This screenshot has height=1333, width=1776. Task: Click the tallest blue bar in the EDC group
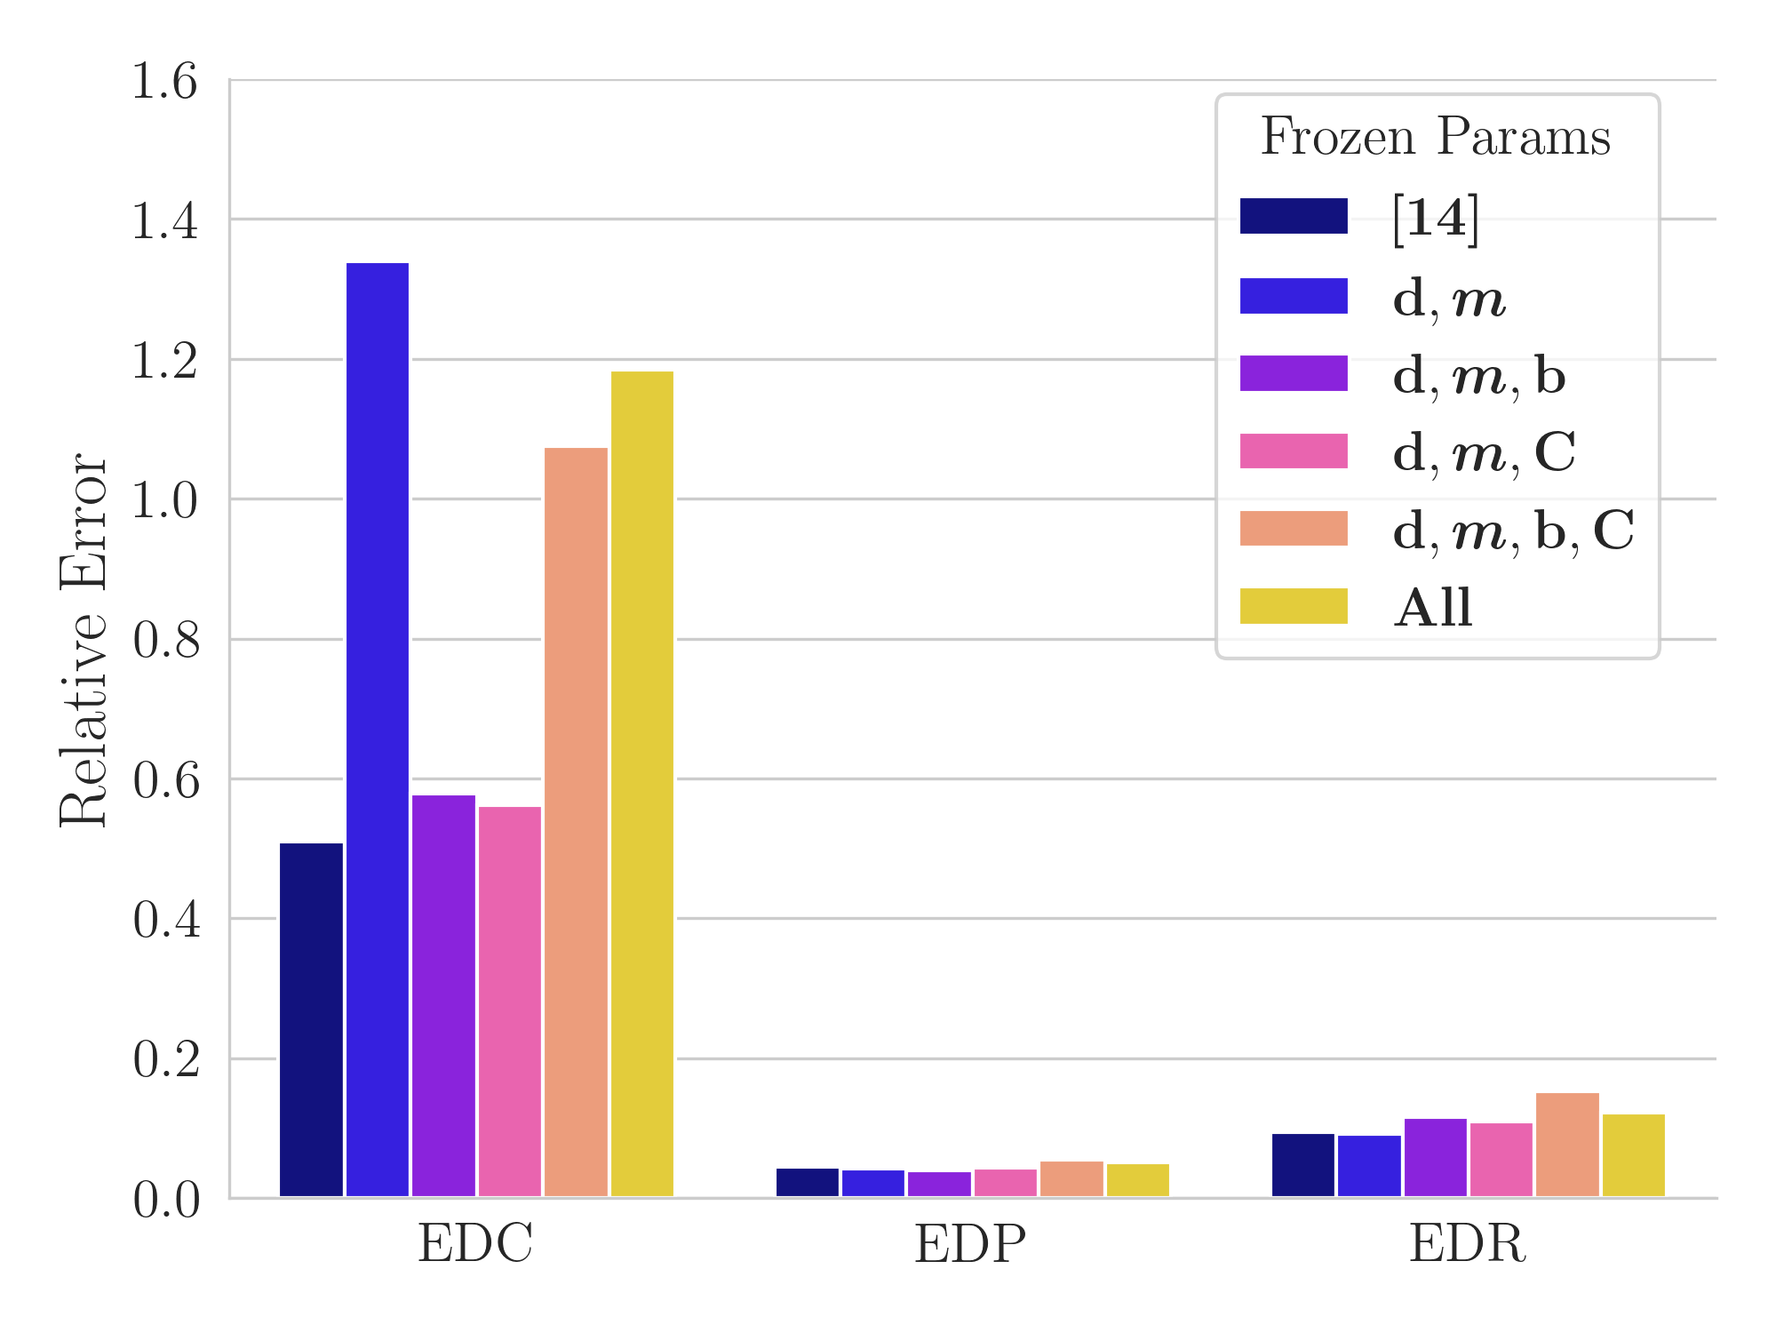click(378, 729)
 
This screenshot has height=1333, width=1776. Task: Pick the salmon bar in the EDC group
click(576, 822)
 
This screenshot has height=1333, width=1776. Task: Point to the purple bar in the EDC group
click(443, 995)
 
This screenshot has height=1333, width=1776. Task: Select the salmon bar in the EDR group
click(1567, 1145)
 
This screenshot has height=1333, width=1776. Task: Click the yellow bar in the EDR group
click(1633, 1155)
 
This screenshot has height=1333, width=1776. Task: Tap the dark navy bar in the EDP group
click(807, 1183)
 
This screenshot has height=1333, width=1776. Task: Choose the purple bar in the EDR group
click(1435, 1157)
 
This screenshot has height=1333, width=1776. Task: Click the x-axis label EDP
click(970, 1244)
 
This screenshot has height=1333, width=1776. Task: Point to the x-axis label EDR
click(1467, 1244)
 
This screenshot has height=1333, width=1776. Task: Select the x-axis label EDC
click(475, 1244)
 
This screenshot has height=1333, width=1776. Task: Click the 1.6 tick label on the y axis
click(165, 82)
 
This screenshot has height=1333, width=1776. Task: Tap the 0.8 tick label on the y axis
click(165, 640)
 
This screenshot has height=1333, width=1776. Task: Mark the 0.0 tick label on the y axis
click(165, 1200)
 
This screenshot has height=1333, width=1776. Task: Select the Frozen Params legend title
click(1435, 138)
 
